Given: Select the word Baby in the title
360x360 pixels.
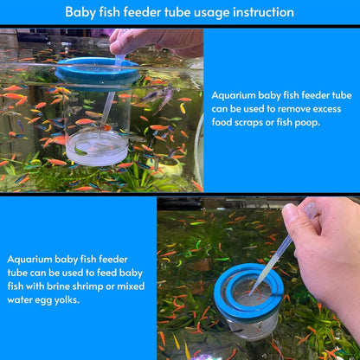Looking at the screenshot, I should tap(80, 12).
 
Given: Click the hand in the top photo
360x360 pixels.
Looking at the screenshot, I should tap(156, 41).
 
